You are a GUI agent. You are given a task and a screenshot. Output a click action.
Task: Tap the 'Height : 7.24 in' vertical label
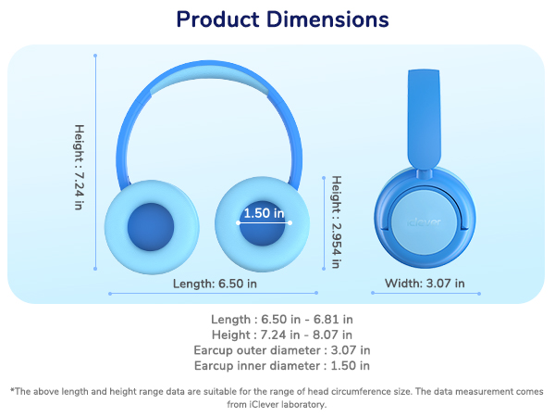point(80,167)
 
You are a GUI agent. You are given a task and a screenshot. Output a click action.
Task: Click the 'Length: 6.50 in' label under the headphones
point(215,283)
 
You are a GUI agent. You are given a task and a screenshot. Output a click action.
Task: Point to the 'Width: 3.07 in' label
point(425,283)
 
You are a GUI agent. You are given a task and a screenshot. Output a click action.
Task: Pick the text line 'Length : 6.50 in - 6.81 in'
point(282,319)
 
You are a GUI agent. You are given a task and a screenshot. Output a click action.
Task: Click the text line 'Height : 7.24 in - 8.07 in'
point(282,334)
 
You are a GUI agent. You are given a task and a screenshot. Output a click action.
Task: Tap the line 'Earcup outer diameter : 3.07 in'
point(282,349)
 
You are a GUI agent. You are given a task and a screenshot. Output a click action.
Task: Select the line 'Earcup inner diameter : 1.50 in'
point(282,365)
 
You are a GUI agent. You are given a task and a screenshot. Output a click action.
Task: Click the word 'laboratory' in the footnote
point(299,404)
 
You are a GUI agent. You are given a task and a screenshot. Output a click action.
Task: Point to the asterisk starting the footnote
point(12,390)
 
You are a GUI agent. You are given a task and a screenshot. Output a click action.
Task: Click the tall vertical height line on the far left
point(95,163)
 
